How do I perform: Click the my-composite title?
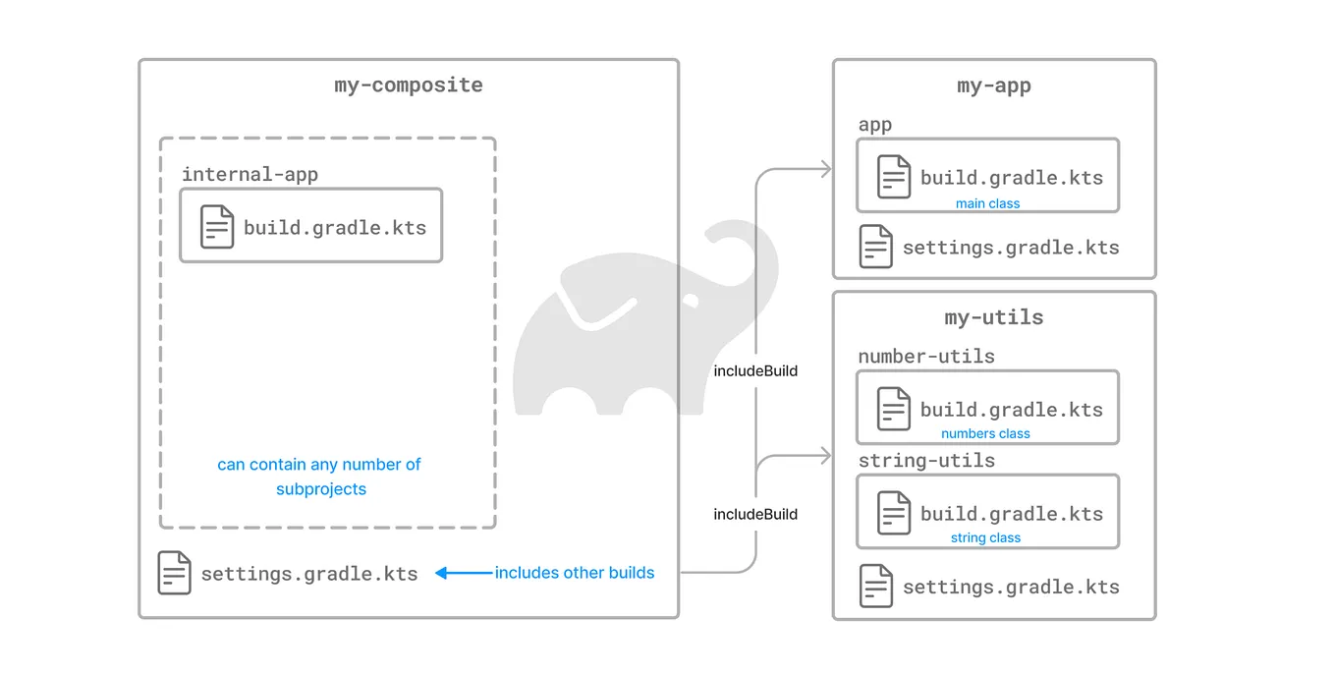(409, 85)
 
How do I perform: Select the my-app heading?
(993, 86)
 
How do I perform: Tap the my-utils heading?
(993, 317)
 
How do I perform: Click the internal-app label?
(250, 175)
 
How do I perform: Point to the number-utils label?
(926, 357)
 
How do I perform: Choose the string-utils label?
(926, 461)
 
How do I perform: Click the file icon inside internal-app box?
(217, 227)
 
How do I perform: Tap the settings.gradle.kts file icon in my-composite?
(174, 573)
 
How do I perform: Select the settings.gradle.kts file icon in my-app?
(875, 247)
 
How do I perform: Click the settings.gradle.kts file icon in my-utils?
(875, 586)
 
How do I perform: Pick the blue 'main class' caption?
(987, 204)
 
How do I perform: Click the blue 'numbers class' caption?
(985, 434)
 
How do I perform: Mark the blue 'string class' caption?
(985, 538)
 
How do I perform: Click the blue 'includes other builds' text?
(575, 573)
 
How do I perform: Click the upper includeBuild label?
(755, 371)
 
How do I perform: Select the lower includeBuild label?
(755, 514)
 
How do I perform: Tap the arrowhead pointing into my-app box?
(825, 170)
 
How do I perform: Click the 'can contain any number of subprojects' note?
(319, 477)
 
